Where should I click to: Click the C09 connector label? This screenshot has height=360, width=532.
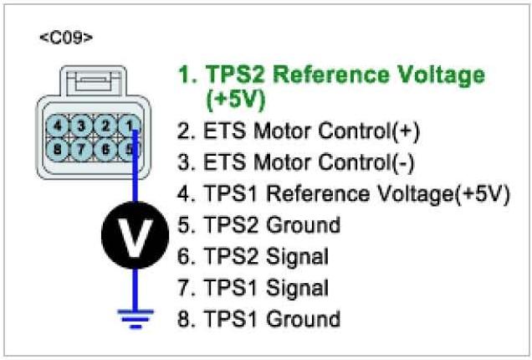(x=66, y=39)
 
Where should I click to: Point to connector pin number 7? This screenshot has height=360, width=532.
(x=81, y=151)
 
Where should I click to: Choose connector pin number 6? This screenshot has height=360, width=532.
(x=105, y=151)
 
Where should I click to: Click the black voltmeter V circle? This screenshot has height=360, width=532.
(x=131, y=238)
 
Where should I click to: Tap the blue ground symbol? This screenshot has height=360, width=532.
(x=131, y=316)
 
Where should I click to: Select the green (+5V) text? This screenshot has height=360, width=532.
(x=235, y=100)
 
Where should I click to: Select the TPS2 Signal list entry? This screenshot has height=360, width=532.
(x=266, y=256)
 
